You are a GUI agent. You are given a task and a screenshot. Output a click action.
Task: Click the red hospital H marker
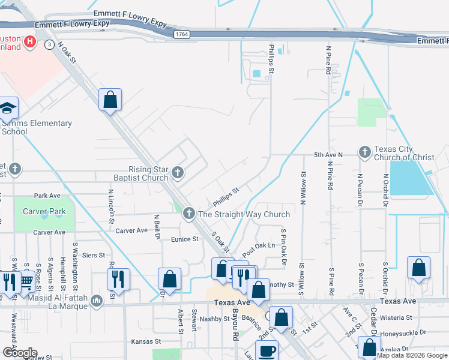point(32,43)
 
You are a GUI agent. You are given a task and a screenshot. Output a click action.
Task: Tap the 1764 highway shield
point(182,35)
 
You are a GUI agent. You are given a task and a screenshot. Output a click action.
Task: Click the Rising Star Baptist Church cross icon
point(177,173)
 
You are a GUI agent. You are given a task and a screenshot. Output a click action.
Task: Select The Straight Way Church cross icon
point(188,214)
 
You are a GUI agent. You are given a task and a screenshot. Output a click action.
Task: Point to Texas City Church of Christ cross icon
point(364,153)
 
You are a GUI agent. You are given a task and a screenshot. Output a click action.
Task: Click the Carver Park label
point(44,211)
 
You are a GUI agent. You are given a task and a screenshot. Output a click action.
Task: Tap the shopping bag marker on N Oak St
point(110,100)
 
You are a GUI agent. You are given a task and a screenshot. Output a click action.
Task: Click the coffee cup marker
point(267,351)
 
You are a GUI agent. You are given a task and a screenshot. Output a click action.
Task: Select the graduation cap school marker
point(8,108)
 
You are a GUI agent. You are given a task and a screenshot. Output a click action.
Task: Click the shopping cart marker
point(26,280)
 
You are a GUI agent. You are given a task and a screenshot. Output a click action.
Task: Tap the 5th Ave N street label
point(328,155)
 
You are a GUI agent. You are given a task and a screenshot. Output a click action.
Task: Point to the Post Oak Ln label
point(258,246)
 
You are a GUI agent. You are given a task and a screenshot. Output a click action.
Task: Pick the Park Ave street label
point(47,196)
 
